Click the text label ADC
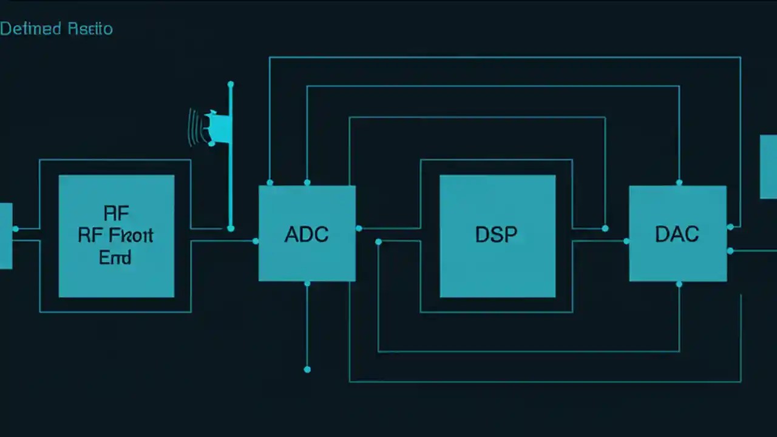(x=307, y=234)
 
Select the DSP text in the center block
(x=497, y=235)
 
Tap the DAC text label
(x=677, y=234)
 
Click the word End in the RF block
(x=115, y=257)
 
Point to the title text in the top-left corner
(x=56, y=29)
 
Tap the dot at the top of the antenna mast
(x=230, y=84)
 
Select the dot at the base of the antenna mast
(x=230, y=228)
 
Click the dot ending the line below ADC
(x=307, y=369)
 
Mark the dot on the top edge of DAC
(x=679, y=182)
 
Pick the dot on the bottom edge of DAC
(x=679, y=283)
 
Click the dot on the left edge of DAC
(x=626, y=241)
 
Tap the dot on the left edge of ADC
(x=256, y=241)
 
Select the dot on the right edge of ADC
(x=359, y=228)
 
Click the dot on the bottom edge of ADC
(x=307, y=283)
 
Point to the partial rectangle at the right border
(x=769, y=166)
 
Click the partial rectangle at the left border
(x=5, y=235)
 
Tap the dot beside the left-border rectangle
(x=16, y=229)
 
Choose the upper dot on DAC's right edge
(x=730, y=227)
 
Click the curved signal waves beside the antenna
(x=194, y=127)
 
